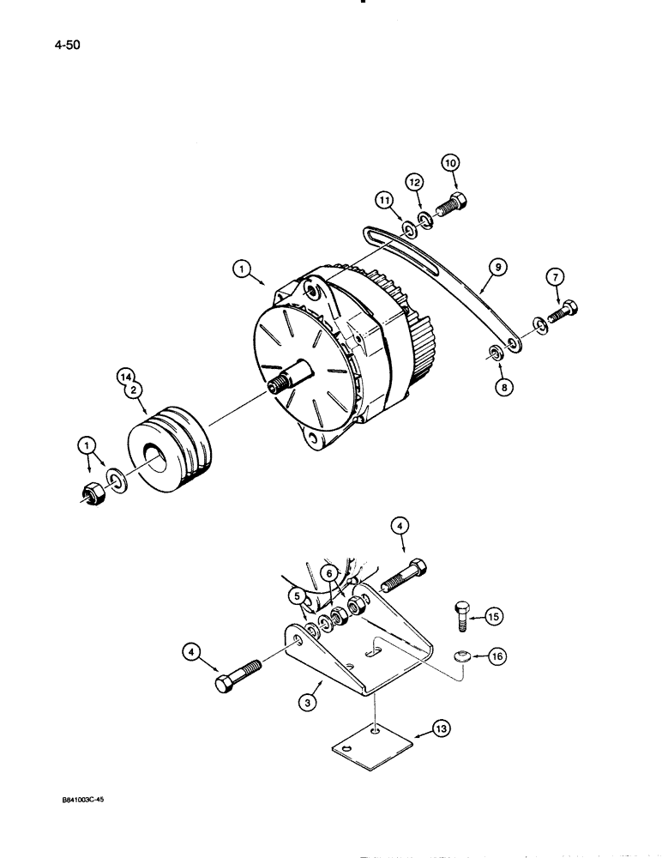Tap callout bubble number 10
[x=451, y=163]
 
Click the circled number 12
[x=415, y=183]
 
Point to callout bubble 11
[x=382, y=202]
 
